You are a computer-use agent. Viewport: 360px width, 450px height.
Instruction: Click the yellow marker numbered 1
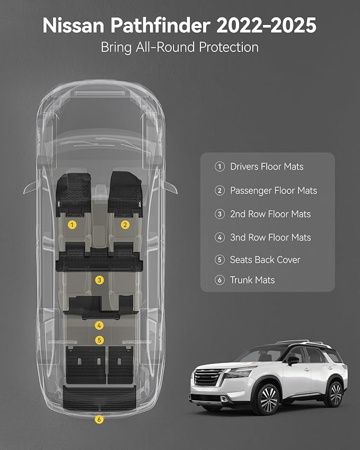72,225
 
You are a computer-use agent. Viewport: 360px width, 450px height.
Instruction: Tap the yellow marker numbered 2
125,225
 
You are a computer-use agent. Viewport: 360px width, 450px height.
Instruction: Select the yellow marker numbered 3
99,280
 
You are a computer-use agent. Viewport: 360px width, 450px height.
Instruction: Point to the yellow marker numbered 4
99,325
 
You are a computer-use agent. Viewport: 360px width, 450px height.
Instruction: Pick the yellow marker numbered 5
99,340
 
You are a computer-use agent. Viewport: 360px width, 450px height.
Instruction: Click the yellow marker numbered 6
99,420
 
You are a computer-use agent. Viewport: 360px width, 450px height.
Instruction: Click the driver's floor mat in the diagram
73,195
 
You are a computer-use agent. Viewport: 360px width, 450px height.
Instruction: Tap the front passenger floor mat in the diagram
125,194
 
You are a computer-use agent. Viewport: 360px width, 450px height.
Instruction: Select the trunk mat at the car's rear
99,398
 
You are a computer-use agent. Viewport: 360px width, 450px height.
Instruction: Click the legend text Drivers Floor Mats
267,166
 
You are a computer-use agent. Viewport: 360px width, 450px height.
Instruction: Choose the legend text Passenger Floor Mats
274,191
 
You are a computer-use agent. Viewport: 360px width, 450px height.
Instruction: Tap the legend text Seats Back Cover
265,260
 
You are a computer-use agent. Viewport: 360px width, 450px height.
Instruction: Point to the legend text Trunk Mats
252,280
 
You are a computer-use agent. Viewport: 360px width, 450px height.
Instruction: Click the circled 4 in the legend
219,237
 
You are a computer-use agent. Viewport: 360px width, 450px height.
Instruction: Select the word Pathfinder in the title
161,25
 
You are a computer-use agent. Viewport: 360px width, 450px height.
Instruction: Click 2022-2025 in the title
266,25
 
